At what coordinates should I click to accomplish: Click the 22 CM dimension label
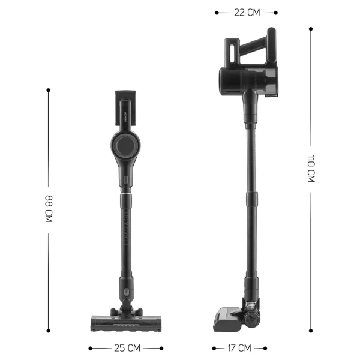246,12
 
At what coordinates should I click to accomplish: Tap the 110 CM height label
311,169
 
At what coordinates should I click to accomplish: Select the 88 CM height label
48,209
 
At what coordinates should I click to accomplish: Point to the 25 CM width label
126,348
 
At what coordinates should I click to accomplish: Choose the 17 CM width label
239,348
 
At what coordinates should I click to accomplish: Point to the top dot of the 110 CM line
311,28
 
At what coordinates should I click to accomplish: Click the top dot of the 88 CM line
48,90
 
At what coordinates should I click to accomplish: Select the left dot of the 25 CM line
91,348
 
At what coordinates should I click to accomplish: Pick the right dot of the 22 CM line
275,12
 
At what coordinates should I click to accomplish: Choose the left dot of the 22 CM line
217,12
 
